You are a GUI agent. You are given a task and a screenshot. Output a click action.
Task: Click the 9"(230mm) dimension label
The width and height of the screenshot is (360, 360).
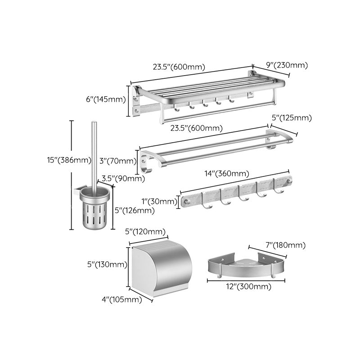pos(287,65)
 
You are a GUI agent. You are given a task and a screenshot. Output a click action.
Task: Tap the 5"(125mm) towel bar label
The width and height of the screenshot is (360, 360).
pos(291,118)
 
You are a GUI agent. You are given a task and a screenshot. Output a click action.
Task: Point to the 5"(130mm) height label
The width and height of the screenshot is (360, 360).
pos(107,265)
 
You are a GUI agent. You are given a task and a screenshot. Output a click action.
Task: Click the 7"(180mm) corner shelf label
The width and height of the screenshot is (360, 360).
pos(285,245)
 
